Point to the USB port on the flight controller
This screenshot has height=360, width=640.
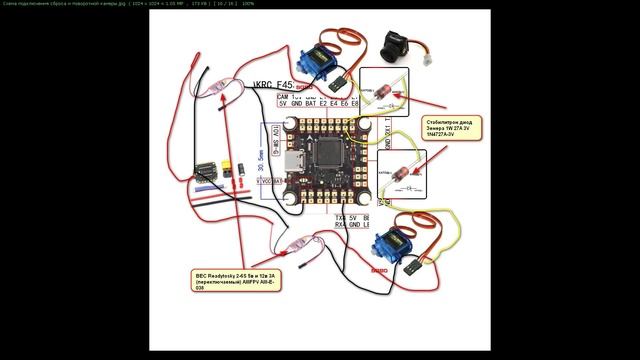coord(294,162)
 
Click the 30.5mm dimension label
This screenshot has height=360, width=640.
coord(261,160)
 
